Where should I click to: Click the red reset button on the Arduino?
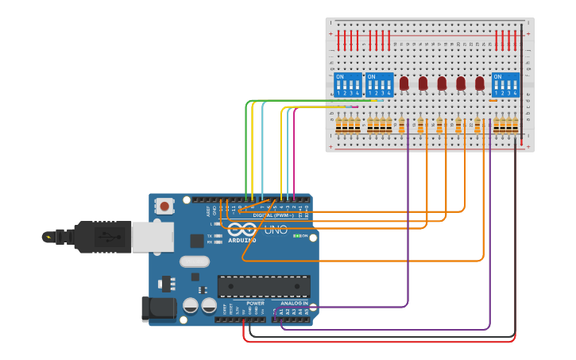(x=164, y=206)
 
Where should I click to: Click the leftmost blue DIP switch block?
(x=348, y=84)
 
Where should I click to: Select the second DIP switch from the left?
(x=379, y=84)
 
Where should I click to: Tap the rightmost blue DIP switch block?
(x=505, y=84)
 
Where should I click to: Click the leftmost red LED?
(x=404, y=83)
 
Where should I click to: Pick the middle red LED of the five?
(x=442, y=83)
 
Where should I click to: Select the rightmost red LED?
(x=480, y=83)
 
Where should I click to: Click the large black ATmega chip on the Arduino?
(x=264, y=286)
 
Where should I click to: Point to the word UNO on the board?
(x=275, y=230)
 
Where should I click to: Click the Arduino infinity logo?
(x=242, y=229)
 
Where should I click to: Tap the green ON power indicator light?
(x=296, y=235)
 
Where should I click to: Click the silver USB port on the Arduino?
(x=152, y=237)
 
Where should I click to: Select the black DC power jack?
(x=157, y=310)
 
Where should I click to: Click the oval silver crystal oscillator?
(x=195, y=261)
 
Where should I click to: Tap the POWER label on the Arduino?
(x=255, y=303)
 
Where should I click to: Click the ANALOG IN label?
(x=295, y=303)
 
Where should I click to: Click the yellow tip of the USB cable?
(x=48, y=237)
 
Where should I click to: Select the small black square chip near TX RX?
(x=196, y=241)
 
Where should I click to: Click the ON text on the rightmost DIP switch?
(x=497, y=77)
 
